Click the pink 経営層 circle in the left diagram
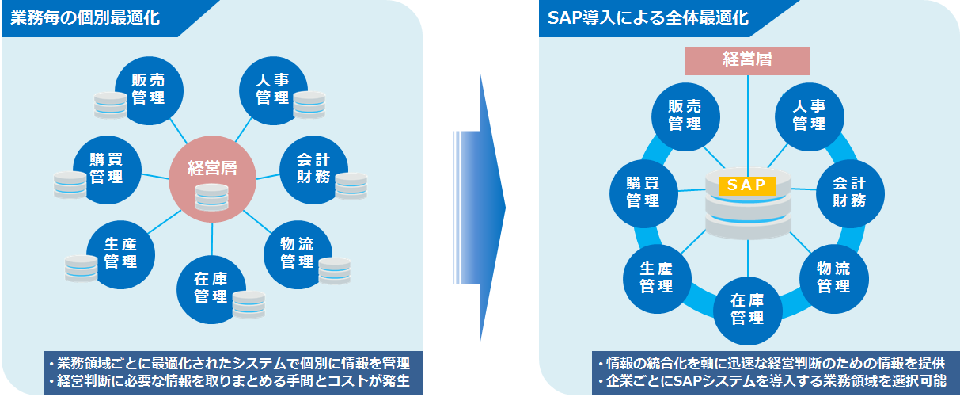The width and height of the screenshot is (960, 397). (212, 179)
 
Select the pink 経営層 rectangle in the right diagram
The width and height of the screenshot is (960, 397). (747, 60)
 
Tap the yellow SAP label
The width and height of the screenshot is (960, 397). (747, 185)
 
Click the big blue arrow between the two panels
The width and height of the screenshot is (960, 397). (480, 208)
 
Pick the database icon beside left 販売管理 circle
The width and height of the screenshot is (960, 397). (110, 105)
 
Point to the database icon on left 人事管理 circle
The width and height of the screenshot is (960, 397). (309, 105)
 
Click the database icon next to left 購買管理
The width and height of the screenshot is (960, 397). (70, 185)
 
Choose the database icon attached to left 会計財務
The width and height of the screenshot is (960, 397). (351, 186)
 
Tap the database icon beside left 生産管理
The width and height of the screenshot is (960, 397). (81, 269)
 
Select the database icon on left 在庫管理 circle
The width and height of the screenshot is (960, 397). (249, 304)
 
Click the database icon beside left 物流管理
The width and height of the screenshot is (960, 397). (334, 271)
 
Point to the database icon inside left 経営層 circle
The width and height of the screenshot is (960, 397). (212, 197)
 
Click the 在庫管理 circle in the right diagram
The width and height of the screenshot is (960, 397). (747, 311)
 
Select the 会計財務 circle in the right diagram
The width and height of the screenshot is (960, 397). (850, 193)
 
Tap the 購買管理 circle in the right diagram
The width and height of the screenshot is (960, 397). (643, 193)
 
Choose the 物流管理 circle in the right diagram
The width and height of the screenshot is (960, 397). (834, 279)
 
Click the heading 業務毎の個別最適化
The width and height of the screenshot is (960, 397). (85, 18)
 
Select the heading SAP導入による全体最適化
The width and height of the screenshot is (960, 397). (648, 18)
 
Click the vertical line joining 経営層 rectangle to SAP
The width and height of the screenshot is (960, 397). (748, 126)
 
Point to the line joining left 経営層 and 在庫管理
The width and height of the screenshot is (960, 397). (212, 239)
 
